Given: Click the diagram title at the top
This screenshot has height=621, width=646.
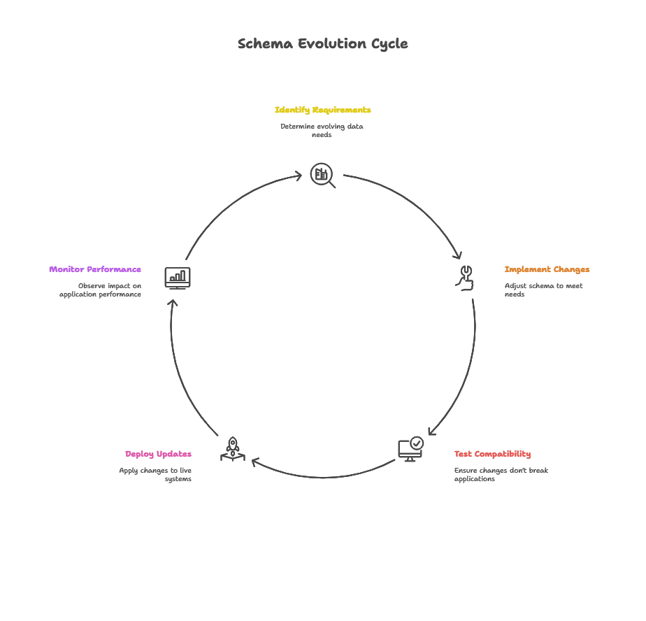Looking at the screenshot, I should pyautogui.click(x=322, y=43).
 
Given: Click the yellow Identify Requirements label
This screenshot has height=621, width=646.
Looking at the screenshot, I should pyautogui.click(x=324, y=111).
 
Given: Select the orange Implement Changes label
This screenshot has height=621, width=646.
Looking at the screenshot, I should pyautogui.click(x=547, y=269).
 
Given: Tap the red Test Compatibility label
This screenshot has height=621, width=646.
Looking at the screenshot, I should pyautogui.click(x=492, y=454).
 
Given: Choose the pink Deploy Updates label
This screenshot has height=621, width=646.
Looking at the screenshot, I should pyautogui.click(x=159, y=454).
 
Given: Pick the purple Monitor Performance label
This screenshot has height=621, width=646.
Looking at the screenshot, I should pyautogui.click(x=95, y=269).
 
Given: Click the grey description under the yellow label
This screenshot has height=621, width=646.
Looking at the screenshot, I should pyautogui.click(x=322, y=130).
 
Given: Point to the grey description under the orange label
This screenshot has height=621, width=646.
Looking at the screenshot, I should pyautogui.click(x=545, y=287).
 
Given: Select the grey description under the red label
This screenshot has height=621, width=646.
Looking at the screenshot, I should pyautogui.click(x=503, y=473).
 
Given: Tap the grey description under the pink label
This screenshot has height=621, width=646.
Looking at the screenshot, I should pyautogui.click(x=157, y=473).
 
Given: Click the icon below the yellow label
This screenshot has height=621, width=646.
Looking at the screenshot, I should pyautogui.click(x=321, y=175).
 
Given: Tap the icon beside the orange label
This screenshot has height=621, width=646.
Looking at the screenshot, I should pyautogui.click(x=465, y=278).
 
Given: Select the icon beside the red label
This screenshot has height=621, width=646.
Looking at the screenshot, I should pyautogui.click(x=411, y=448).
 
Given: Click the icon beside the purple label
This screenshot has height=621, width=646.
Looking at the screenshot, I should pyautogui.click(x=178, y=278).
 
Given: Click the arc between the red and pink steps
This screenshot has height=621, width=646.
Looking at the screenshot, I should pyautogui.click(x=322, y=477).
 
